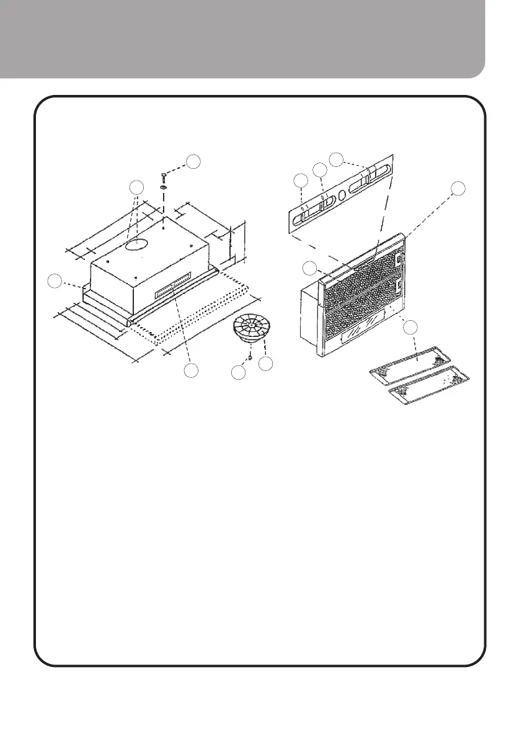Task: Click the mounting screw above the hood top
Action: (x=163, y=176)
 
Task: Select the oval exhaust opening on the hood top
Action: (x=135, y=246)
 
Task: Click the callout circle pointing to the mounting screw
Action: (x=194, y=161)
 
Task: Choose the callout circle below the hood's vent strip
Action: (x=193, y=370)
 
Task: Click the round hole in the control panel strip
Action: (x=342, y=194)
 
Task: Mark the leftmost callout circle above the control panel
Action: (x=301, y=181)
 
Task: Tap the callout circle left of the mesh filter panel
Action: (x=309, y=267)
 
